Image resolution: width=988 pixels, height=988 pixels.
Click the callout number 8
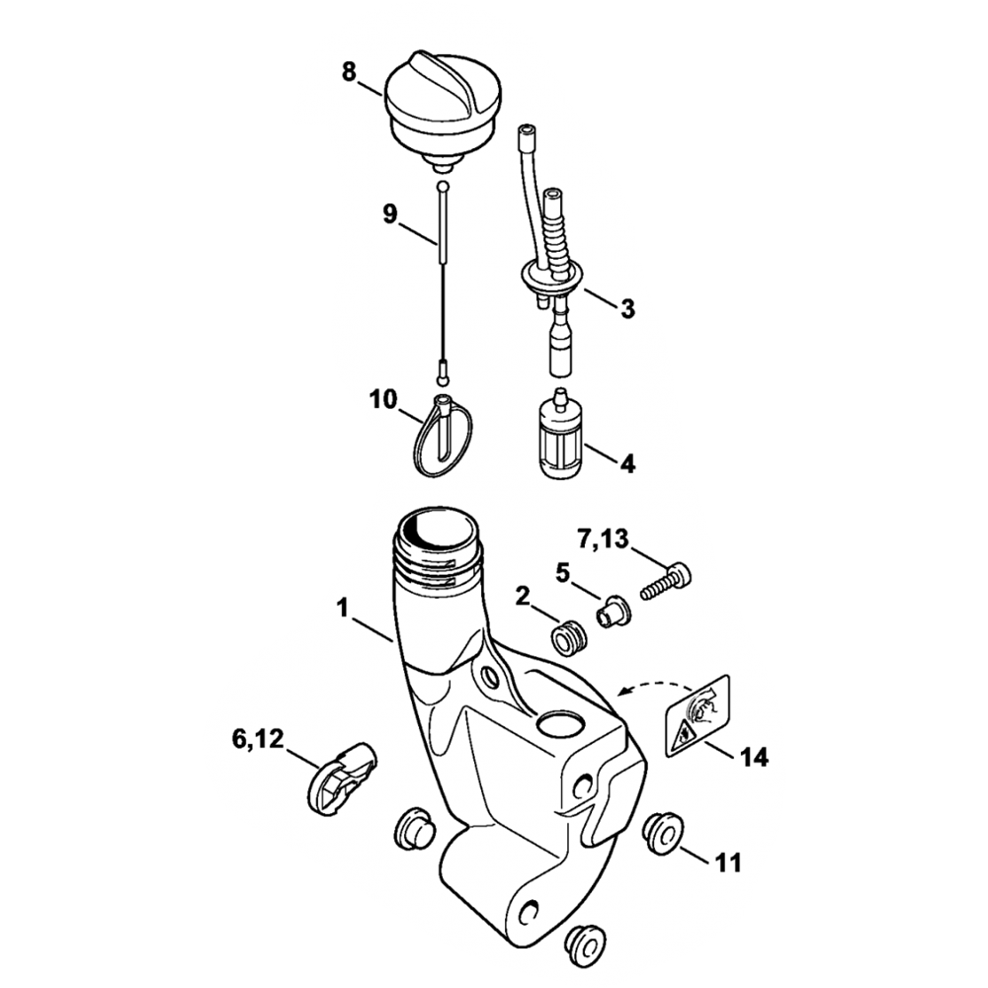coord(349,71)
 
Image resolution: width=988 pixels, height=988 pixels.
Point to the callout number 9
coord(390,214)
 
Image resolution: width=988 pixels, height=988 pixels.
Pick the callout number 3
coord(627,308)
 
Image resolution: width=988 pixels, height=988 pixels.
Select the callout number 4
coord(627,463)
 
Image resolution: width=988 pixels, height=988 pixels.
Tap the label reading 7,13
coord(603,539)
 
